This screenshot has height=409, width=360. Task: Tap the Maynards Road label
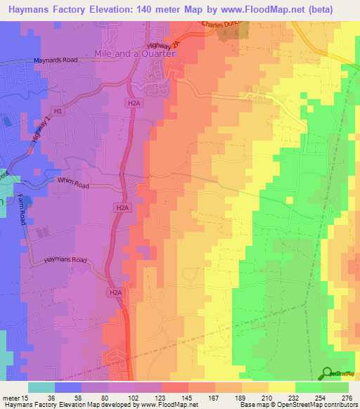click(54, 60)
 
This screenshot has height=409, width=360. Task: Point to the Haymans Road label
click(56, 260)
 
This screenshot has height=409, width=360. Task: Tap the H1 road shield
click(58, 111)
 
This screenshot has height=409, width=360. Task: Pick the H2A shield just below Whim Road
click(122, 208)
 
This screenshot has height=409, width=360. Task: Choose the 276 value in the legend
click(347, 398)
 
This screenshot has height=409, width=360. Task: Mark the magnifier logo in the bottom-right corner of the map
click(328, 373)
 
